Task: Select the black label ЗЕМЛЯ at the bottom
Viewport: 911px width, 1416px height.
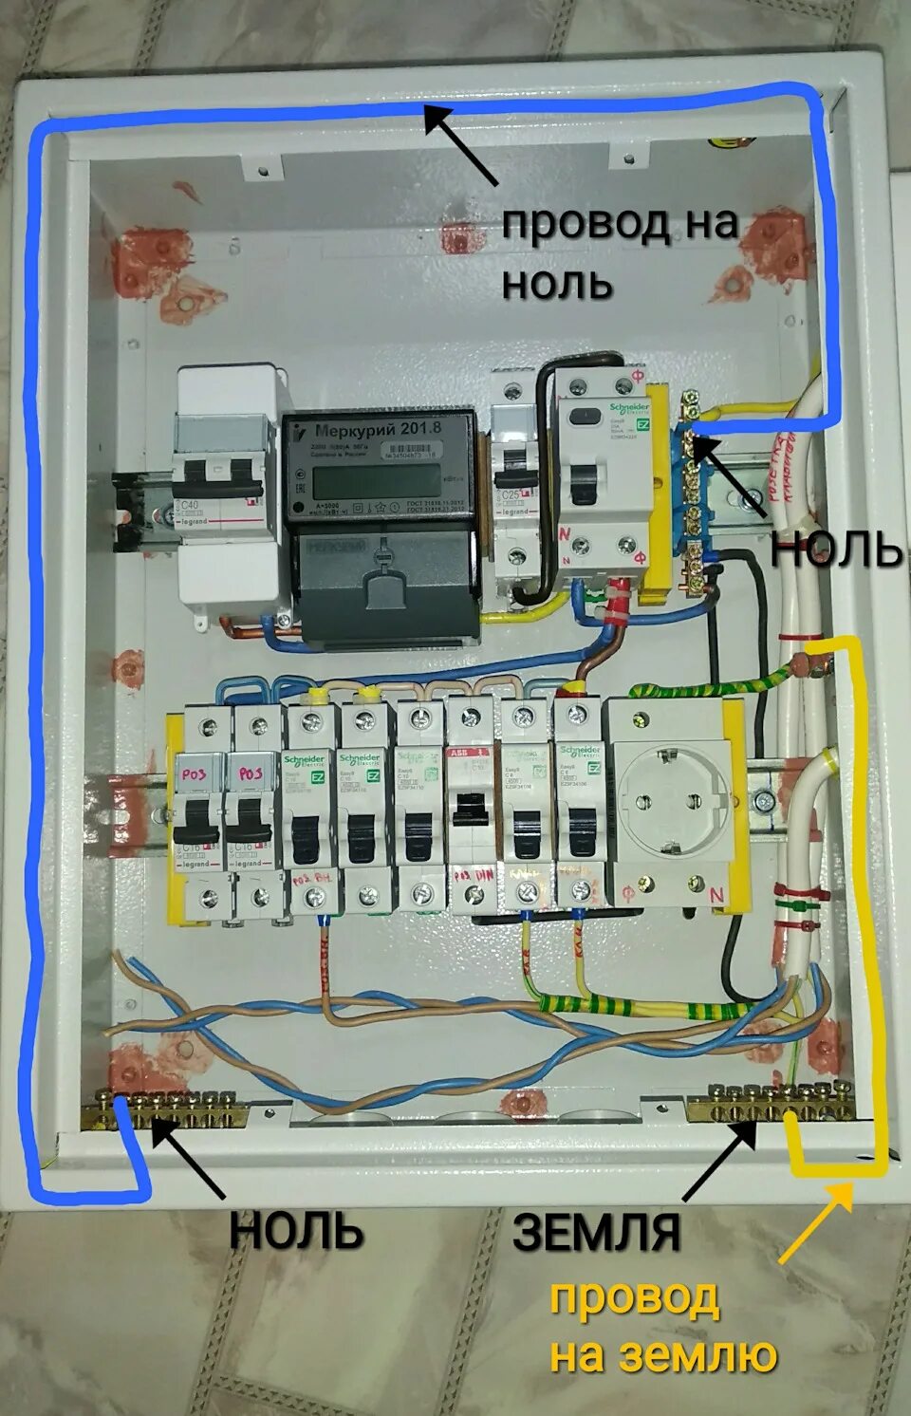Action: coord(596,1232)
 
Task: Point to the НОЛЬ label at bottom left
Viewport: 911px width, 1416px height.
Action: coord(296,1230)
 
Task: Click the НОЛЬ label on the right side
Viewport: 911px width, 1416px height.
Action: coord(835,548)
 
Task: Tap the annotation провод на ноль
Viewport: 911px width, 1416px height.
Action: coord(619,252)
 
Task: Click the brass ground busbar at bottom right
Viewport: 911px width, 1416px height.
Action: coord(770,1106)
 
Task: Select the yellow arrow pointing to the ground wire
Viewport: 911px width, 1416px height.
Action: coord(815,1221)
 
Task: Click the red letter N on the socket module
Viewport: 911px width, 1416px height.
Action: coord(717,894)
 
